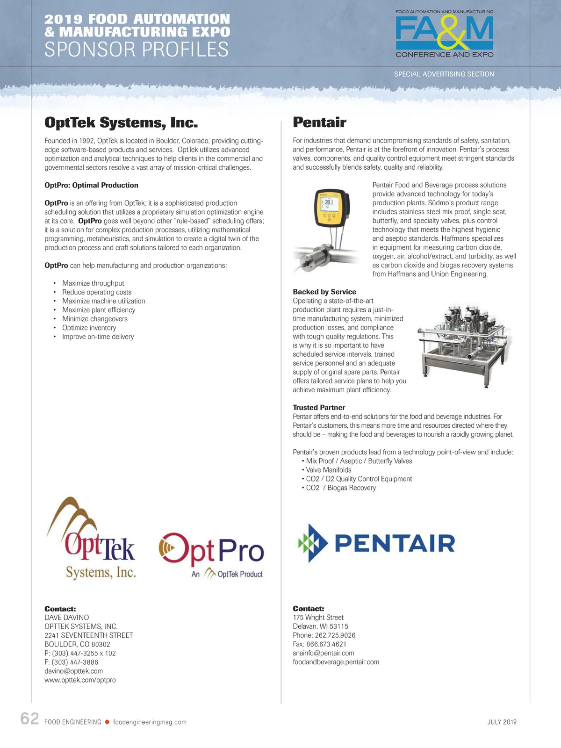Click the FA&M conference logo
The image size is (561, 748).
(444, 34)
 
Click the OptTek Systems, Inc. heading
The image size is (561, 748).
(121, 122)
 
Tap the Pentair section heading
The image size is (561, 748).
(319, 122)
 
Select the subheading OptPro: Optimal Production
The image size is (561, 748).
(91, 185)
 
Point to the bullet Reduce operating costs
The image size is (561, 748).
(97, 292)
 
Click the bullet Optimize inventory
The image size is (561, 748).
(89, 328)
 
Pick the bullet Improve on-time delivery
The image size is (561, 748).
(98, 337)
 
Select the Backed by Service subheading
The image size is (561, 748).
(324, 292)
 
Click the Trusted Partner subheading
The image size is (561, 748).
(319, 408)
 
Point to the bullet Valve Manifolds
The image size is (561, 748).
(328, 470)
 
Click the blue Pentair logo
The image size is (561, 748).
(376, 543)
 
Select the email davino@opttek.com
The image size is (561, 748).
(73, 671)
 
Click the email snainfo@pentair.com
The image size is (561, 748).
(324, 653)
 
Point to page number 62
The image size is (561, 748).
(29, 719)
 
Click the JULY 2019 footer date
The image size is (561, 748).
(502, 722)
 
